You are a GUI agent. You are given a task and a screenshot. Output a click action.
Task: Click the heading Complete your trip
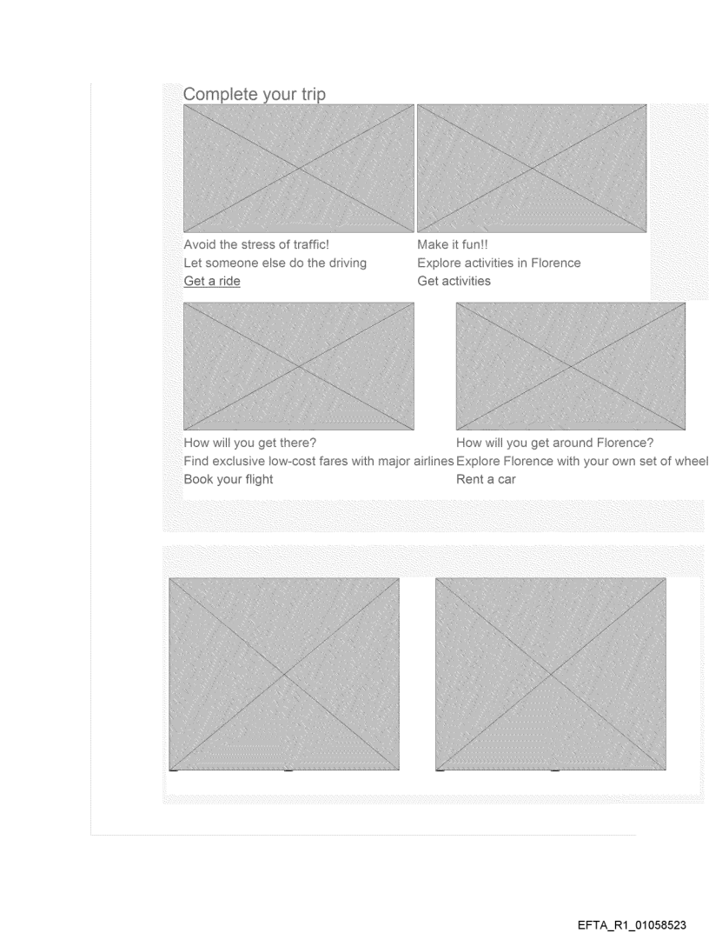(254, 95)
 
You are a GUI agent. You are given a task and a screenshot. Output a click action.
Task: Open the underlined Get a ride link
(212, 281)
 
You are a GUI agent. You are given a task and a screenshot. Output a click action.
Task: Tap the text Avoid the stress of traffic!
(256, 244)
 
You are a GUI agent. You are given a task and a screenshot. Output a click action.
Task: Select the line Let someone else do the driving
(275, 263)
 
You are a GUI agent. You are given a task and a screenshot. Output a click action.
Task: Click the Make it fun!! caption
(453, 244)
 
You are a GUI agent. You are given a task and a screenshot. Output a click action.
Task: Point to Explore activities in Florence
(499, 263)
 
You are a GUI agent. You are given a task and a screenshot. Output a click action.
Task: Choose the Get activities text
(454, 281)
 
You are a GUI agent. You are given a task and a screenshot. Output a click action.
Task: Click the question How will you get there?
(250, 443)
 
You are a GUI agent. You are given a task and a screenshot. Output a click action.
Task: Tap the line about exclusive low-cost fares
(319, 461)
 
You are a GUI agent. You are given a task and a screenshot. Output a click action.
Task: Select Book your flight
(229, 480)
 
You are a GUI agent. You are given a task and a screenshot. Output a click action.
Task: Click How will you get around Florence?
(555, 443)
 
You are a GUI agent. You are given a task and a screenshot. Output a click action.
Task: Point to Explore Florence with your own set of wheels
(582, 461)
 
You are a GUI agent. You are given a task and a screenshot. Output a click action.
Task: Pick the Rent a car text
(486, 480)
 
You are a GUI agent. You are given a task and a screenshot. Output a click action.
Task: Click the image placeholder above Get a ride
(299, 169)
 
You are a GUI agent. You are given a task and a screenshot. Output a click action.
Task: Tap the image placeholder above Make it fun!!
(532, 169)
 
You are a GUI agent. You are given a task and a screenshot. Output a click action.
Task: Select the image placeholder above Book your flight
(299, 367)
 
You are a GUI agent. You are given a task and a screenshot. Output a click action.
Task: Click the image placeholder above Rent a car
(570, 367)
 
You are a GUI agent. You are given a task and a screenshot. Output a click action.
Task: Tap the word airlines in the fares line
(434, 461)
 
